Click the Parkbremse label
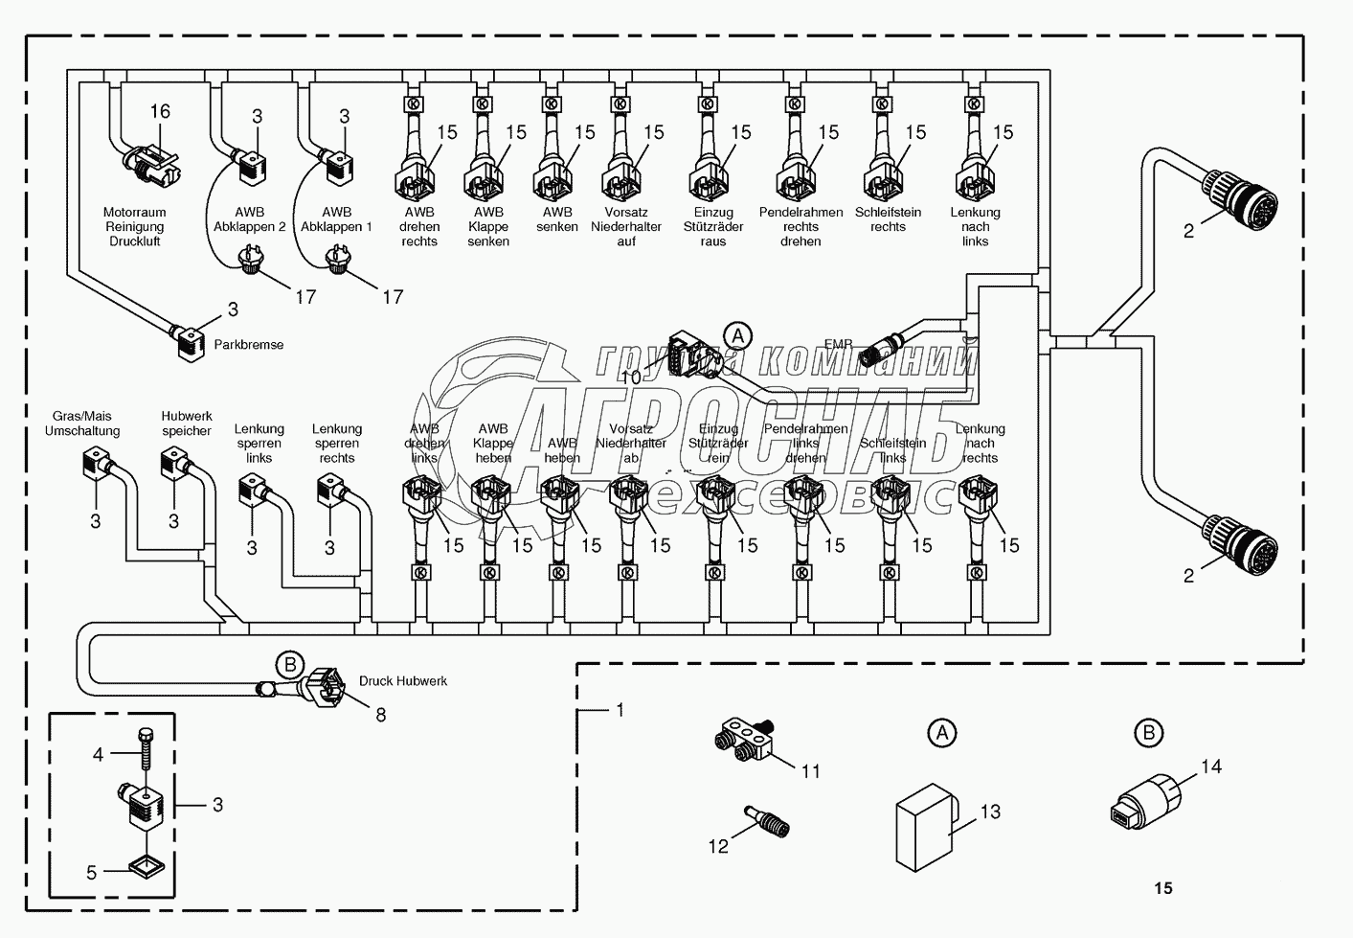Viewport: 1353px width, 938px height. tap(249, 345)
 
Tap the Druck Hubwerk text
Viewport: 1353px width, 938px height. tap(403, 681)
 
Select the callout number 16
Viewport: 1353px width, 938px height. tap(160, 111)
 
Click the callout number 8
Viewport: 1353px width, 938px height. tap(380, 715)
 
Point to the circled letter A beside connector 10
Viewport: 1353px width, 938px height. tap(736, 335)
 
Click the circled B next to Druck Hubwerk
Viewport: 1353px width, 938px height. tap(289, 663)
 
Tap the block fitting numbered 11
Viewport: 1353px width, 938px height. tap(749, 742)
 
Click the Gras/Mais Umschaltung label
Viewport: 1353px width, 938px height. tap(82, 423)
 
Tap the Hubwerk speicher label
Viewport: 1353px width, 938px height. tap(187, 423)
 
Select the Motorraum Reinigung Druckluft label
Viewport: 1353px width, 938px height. tap(135, 227)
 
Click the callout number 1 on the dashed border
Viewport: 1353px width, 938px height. tap(620, 710)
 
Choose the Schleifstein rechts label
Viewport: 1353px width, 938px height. tap(888, 219)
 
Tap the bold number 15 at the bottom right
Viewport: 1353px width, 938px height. tap(1162, 888)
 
